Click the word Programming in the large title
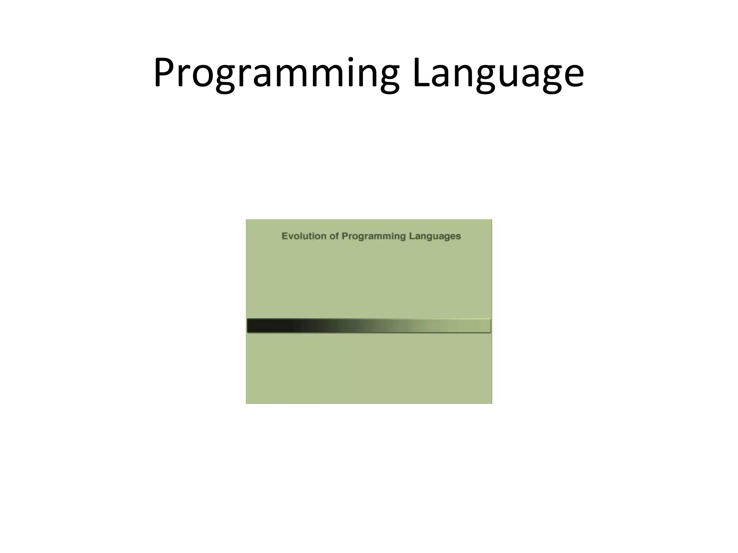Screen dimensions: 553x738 click(x=276, y=74)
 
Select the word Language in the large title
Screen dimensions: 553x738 click(x=498, y=74)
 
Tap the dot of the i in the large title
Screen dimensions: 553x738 click(x=349, y=59)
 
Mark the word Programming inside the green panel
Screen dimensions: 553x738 click(x=374, y=237)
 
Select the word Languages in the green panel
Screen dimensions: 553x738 click(x=435, y=237)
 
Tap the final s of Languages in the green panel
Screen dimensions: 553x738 click(x=459, y=237)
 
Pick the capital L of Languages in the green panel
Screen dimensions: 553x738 click(x=411, y=236)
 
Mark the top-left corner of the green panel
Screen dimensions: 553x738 click(x=246, y=220)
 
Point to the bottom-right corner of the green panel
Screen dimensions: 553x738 click(x=492, y=403)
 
